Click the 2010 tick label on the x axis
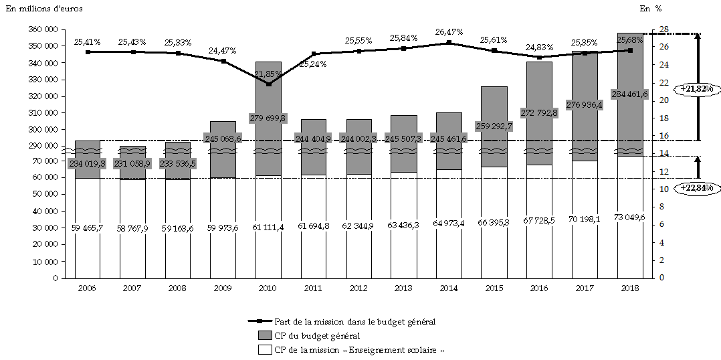(x=268, y=288)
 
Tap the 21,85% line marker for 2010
(x=268, y=84)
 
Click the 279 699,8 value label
(x=268, y=118)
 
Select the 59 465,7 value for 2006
(x=88, y=228)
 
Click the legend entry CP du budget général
(x=317, y=336)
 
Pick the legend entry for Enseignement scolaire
(x=358, y=350)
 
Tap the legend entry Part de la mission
(x=354, y=322)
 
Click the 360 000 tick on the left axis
(x=43, y=29)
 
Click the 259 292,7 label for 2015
(x=494, y=125)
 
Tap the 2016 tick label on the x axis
(x=538, y=288)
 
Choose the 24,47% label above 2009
(x=223, y=50)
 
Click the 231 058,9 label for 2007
(x=132, y=163)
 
